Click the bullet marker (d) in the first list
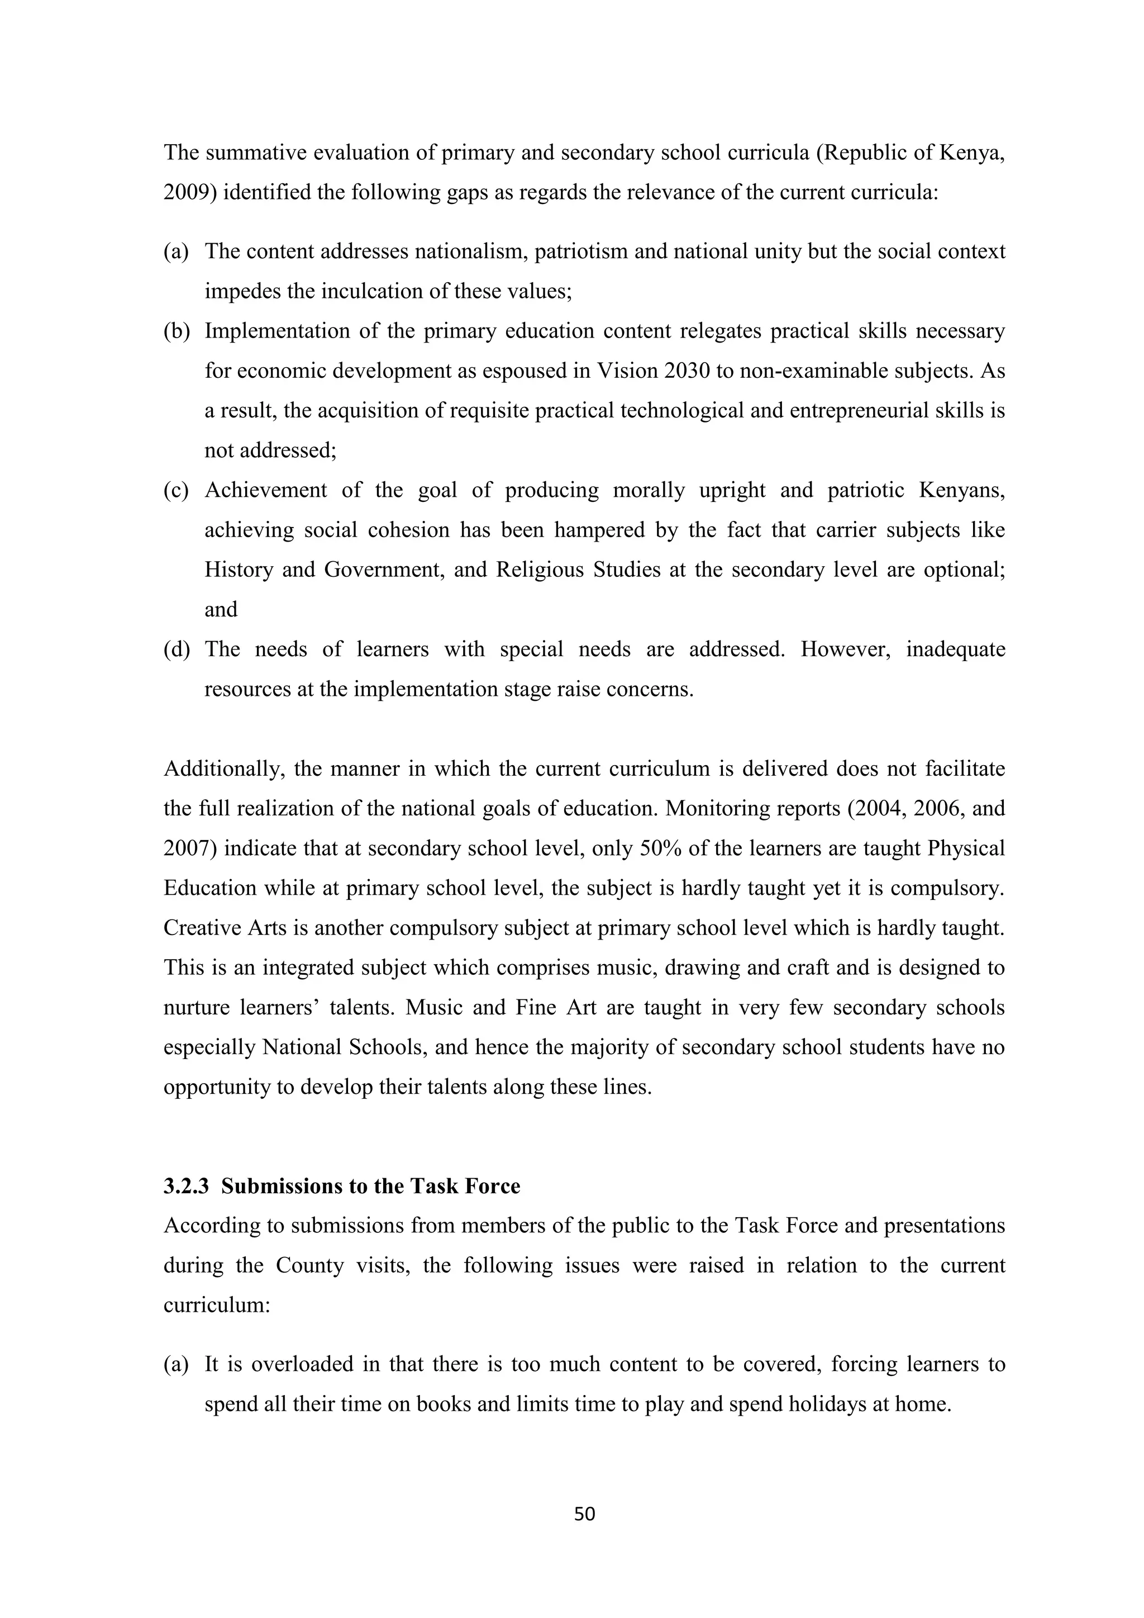click(x=176, y=649)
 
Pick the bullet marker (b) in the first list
click(x=176, y=331)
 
